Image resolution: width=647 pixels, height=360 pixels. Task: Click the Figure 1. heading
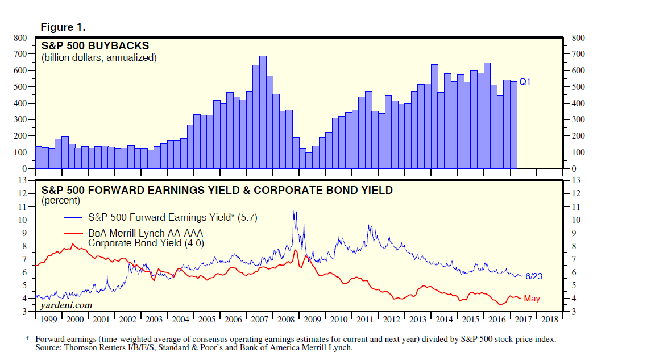[63, 27]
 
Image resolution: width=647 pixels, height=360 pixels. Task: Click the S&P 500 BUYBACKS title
[95, 45]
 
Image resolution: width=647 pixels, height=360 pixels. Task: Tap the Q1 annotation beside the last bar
[525, 82]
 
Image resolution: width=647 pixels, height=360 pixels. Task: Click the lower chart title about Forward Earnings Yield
[217, 190]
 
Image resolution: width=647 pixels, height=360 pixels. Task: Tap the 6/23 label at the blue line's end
[534, 276]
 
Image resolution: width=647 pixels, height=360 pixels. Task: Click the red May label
[532, 299]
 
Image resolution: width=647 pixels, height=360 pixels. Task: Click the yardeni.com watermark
[58, 306]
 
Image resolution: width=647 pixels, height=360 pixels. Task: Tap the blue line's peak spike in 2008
[293, 212]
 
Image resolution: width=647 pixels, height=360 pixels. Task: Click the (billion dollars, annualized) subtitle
[98, 57]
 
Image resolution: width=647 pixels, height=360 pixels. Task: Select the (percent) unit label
[61, 201]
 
